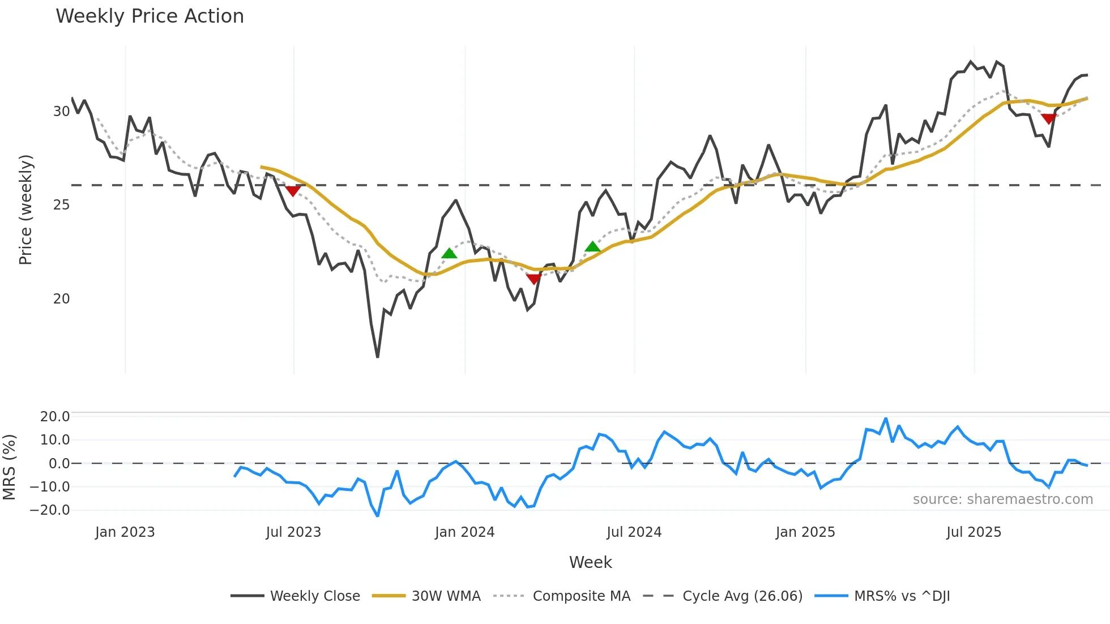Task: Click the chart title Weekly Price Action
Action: (x=150, y=16)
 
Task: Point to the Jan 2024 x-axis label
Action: (x=464, y=532)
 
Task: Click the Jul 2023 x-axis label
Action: (x=293, y=532)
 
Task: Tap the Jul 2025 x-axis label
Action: (x=974, y=532)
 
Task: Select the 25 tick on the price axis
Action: (x=61, y=205)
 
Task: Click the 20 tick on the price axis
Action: (x=61, y=299)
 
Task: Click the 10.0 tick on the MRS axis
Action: (x=54, y=440)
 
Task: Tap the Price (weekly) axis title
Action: (x=25, y=210)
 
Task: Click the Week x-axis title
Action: (x=590, y=562)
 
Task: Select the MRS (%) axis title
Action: (x=9, y=467)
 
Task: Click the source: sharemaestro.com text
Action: (x=1002, y=499)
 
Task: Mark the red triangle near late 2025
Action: (x=1048, y=118)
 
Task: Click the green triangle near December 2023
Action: (x=449, y=253)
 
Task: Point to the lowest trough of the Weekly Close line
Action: (x=377, y=357)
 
